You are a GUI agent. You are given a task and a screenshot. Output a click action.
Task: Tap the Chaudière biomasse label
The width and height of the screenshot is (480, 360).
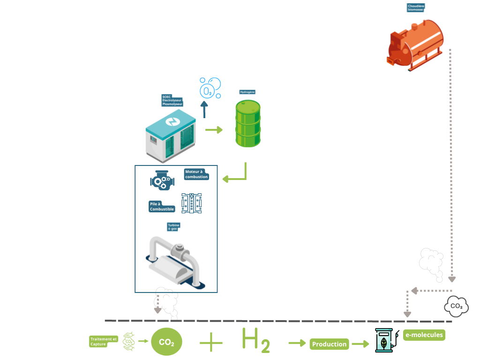(416, 8)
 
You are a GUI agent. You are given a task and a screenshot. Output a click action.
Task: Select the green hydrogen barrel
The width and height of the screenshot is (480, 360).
(247, 124)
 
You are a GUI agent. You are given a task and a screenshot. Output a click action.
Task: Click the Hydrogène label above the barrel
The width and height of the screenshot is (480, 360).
(247, 92)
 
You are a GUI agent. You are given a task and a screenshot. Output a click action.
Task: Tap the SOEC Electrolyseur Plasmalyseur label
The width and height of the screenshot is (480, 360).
(172, 101)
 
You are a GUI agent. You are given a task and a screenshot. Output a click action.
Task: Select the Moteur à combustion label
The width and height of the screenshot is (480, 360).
(196, 174)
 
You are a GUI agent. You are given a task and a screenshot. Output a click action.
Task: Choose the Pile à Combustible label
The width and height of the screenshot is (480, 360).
(162, 206)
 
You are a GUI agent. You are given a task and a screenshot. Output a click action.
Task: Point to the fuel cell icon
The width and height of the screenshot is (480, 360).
(193, 204)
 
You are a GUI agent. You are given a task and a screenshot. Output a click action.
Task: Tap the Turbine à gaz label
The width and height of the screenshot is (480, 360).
(174, 227)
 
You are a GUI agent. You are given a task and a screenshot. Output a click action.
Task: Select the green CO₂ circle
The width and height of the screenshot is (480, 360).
(166, 343)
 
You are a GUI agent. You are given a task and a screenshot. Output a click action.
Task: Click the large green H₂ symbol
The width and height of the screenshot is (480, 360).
(255, 340)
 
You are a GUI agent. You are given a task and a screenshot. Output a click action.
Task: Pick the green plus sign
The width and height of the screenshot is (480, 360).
(211, 344)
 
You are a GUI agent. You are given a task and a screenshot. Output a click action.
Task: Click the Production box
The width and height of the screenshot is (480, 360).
(329, 344)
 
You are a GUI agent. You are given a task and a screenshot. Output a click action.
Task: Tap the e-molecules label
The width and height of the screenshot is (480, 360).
(424, 335)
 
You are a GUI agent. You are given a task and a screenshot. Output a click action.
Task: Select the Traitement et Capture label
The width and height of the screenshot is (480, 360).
(103, 342)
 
